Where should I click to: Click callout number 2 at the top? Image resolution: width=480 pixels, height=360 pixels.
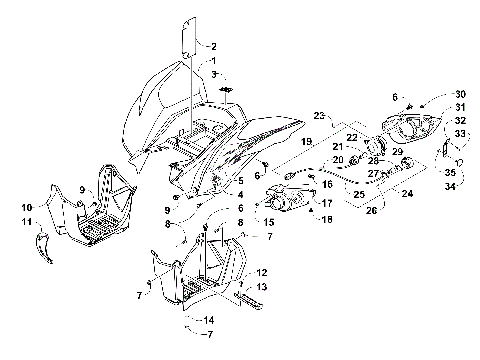(x=213, y=46)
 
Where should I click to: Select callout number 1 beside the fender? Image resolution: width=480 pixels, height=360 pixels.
(x=213, y=61)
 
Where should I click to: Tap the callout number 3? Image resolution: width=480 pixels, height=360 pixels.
(x=213, y=75)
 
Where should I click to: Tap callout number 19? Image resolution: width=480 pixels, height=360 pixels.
(x=307, y=141)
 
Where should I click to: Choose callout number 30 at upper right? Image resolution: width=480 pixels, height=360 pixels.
(x=433, y=92)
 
